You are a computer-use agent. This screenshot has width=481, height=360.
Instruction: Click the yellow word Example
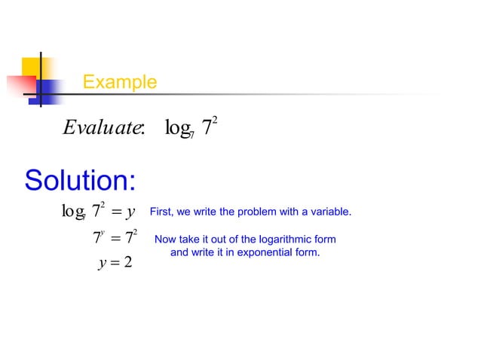120,82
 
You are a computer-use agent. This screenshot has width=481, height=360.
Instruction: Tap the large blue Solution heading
80,181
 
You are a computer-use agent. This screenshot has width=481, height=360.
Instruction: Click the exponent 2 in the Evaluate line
215,118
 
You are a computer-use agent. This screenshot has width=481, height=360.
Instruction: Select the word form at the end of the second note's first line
324,239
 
